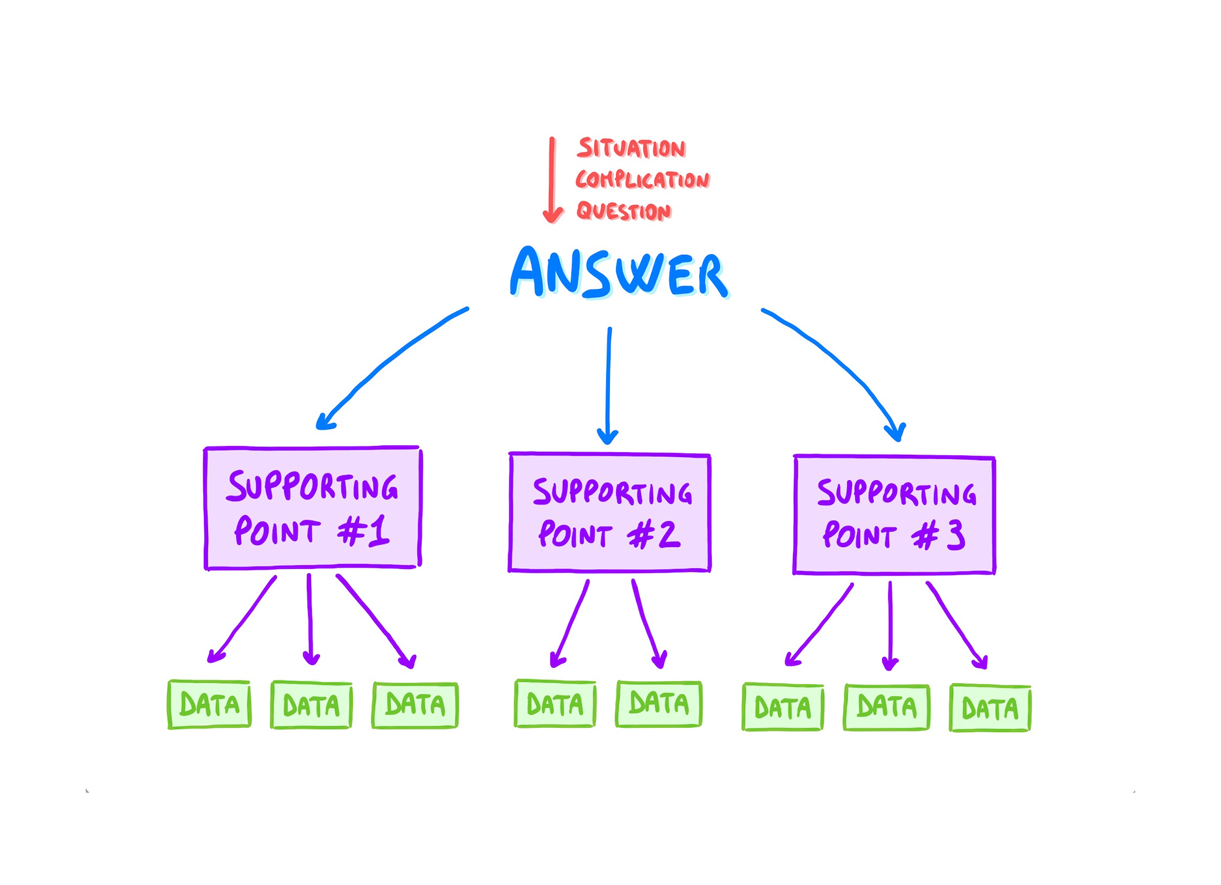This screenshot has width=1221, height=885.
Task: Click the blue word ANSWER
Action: tap(619, 273)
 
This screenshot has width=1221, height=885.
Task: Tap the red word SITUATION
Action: tap(631, 148)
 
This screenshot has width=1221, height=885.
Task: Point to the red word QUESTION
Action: tap(624, 211)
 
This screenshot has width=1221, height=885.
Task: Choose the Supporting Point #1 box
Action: tap(312, 508)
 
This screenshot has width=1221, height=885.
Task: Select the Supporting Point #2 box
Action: tap(610, 512)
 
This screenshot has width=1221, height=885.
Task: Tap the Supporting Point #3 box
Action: tap(894, 515)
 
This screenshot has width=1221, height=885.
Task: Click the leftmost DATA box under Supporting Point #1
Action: tap(209, 705)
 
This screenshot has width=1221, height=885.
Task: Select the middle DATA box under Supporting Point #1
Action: tap(312, 705)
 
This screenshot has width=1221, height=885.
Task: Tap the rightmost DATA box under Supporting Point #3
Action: tap(990, 708)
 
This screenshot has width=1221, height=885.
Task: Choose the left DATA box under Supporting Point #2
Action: tap(555, 704)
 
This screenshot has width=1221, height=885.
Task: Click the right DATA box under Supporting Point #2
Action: tap(659, 704)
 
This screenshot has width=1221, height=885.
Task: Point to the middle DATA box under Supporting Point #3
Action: tap(886, 707)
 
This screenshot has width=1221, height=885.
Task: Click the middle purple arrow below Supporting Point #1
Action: tap(310, 619)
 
